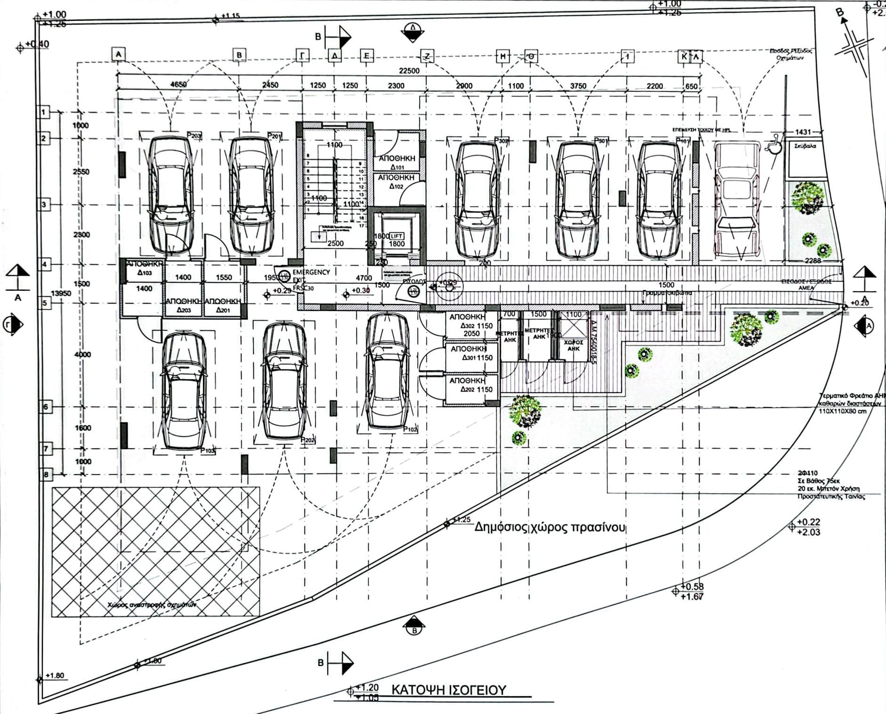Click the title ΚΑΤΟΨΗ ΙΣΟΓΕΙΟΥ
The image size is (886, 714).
pos(448,690)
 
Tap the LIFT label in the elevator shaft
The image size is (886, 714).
pos(396,236)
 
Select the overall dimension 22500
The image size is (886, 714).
pos(409,71)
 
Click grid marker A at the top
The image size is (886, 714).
pos(118,54)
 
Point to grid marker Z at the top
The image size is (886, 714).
pos(427,57)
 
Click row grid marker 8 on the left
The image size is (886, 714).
pos(46,474)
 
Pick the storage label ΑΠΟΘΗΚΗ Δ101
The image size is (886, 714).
pos(397,163)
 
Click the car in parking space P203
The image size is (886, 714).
pos(171,196)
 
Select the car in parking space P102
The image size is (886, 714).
pos(387,372)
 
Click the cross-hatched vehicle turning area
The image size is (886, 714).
pos(155,551)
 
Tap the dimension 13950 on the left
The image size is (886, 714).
pos(61,293)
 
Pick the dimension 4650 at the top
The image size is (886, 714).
pos(178,85)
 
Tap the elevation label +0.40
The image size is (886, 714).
pos(37,44)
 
